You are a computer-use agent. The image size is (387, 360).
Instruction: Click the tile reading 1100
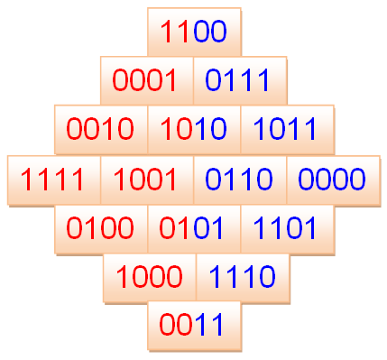[x=194, y=32]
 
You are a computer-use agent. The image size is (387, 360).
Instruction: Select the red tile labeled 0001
[x=147, y=80]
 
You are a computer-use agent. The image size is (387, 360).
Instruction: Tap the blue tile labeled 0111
[x=240, y=80]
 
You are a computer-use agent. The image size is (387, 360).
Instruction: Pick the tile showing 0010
[x=101, y=129]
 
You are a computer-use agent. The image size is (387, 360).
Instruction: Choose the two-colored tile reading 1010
[x=194, y=129]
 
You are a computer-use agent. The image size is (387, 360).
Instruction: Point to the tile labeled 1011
[x=287, y=129]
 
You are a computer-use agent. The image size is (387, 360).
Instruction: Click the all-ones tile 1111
[x=54, y=180]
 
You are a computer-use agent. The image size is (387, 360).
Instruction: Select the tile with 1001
[x=147, y=180]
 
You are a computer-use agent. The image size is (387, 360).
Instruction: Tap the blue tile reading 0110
[x=240, y=180]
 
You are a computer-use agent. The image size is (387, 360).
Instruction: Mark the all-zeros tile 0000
[x=334, y=180]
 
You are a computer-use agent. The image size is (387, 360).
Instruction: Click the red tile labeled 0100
[x=101, y=229]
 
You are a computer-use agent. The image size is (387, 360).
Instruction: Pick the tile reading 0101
[x=194, y=229]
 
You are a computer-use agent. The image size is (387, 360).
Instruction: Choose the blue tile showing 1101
[x=288, y=229]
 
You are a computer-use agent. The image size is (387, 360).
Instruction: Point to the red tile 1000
[x=150, y=278]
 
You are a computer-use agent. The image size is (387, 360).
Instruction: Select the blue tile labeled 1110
[x=243, y=278]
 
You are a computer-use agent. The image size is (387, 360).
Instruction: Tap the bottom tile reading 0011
[x=194, y=326]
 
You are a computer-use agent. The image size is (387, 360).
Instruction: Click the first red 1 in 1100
[x=167, y=32]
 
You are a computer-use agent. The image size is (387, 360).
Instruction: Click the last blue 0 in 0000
[x=356, y=180]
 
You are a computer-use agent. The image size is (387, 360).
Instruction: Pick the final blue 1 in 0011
[x=217, y=325]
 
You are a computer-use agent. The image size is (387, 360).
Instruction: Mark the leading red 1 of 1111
[x=26, y=180]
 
